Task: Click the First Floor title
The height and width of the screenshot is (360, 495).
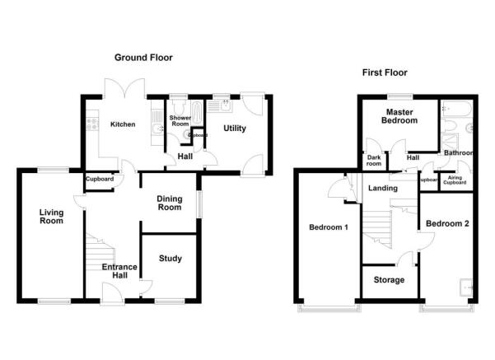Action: coord(385,72)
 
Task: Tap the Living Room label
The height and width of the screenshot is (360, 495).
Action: coord(51,216)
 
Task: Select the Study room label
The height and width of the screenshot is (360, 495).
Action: coord(170,259)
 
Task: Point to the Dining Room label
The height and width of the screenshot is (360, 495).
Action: coord(169,203)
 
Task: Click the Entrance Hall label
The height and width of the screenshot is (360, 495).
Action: coord(119,272)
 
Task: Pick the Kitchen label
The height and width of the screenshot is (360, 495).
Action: coord(122,124)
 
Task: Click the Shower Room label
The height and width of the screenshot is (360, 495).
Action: coord(180,123)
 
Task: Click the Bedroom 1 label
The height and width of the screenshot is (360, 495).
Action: coord(328,227)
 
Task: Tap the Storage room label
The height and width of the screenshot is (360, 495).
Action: coord(389,280)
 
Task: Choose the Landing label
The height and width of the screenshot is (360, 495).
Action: coord(383,189)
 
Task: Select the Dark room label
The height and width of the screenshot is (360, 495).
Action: coord(374,161)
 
